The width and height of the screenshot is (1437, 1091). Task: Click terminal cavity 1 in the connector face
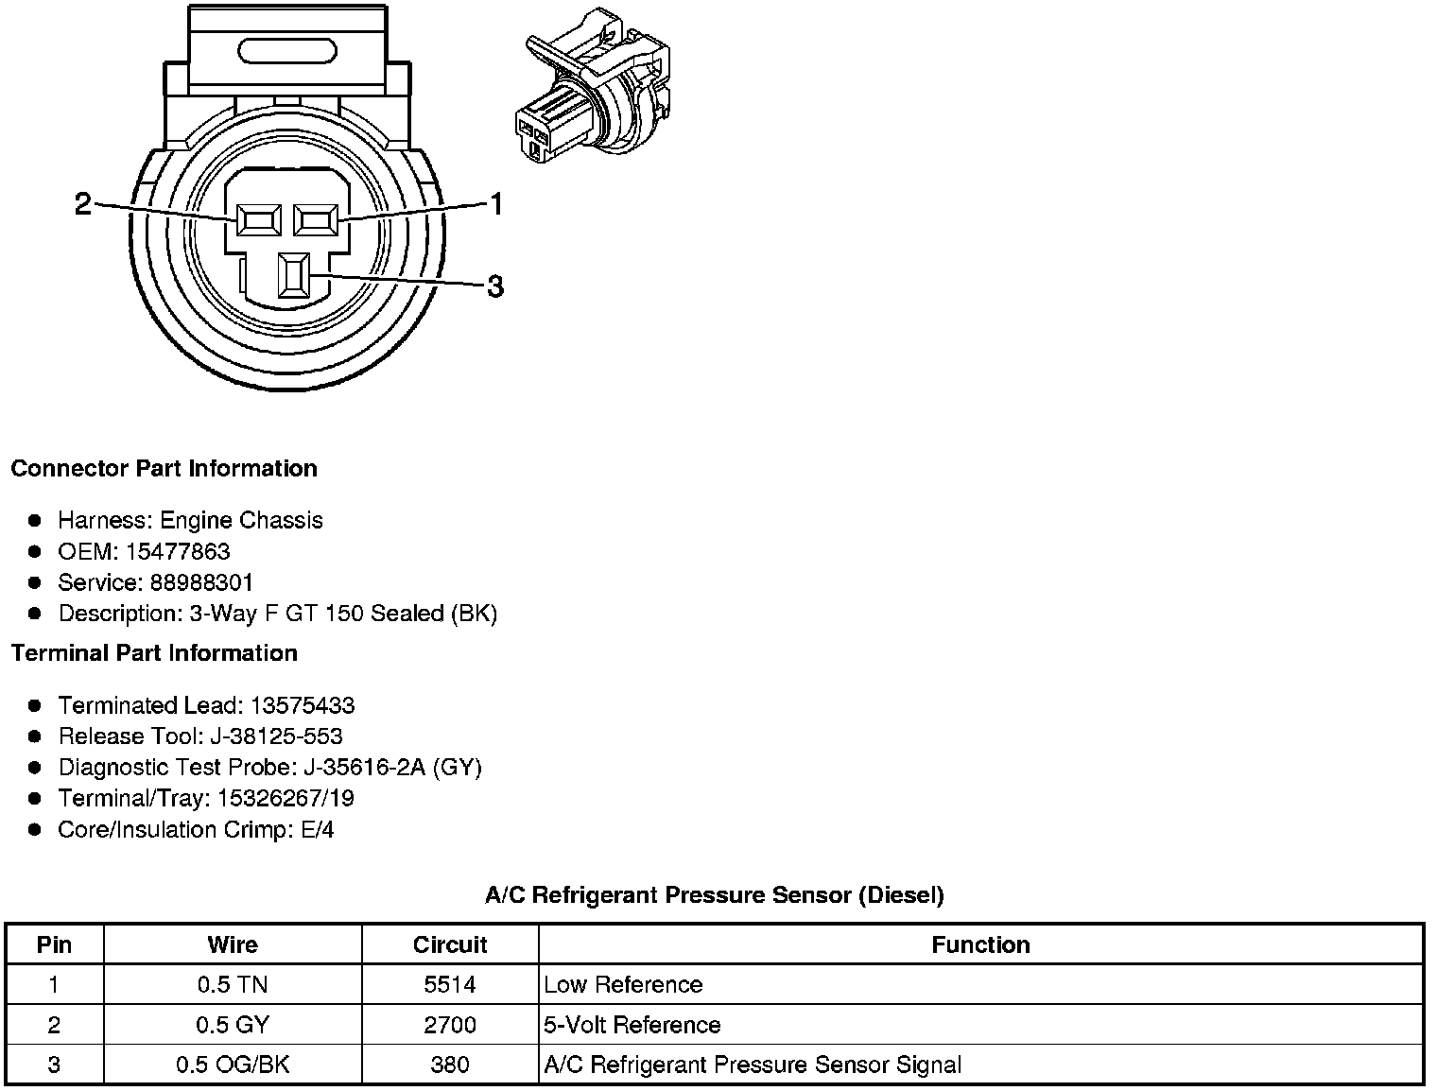[x=316, y=220]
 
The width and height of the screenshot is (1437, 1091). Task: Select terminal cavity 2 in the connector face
[x=259, y=220]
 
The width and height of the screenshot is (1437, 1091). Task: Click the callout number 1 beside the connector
[x=494, y=203]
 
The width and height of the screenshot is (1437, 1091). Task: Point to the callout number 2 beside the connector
[x=83, y=203]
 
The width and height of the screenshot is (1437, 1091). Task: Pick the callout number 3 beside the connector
[x=494, y=286]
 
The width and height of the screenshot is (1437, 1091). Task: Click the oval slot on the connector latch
[x=288, y=52]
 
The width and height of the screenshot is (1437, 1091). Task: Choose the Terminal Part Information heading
[x=154, y=653]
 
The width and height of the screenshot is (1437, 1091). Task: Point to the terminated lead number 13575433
[x=303, y=705]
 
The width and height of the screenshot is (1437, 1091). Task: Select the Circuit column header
[x=450, y=944]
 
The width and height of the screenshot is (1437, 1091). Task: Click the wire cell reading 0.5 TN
[x=233, y=985]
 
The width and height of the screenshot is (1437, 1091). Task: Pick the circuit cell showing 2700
[x=450, y=1025]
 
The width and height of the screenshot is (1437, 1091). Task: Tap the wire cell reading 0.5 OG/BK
[x=233, y=1065]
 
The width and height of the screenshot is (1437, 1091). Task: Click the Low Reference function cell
[x=624, y=985]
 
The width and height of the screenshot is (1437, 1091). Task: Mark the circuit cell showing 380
[x=450, y=1065]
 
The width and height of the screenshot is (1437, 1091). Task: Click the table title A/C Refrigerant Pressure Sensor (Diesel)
[x=714, y=894]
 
